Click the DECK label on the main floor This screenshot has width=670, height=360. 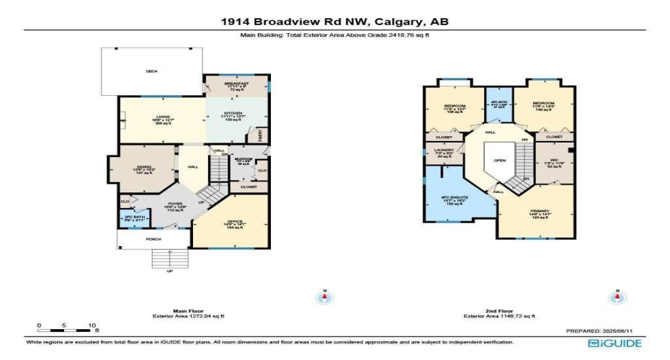coord(152,71)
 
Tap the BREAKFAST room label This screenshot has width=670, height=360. coord(236,84)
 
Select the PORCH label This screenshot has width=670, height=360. coord(153,240)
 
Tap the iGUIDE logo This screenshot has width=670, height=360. coord(615,344)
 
